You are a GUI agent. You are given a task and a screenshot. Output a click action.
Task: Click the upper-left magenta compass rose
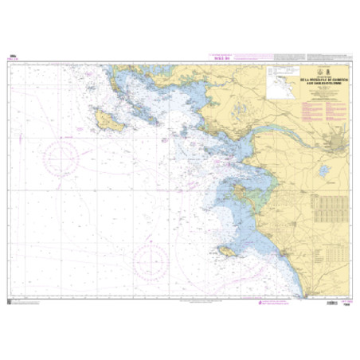coord(63,152)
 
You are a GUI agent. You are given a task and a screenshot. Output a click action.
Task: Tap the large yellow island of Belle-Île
coord(104,120)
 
